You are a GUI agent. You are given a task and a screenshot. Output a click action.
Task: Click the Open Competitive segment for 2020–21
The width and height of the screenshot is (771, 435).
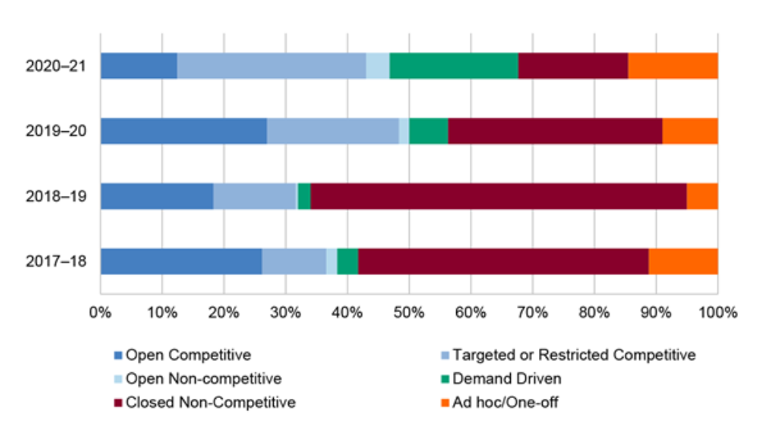(138, 66)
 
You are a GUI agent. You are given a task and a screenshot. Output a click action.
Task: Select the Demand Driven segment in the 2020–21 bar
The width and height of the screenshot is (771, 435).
(454, 66)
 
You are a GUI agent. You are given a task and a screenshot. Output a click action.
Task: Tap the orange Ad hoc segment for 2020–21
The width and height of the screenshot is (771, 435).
(672, 66)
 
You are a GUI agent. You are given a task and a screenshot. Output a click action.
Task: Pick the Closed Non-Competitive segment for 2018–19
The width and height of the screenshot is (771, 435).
(498, 196)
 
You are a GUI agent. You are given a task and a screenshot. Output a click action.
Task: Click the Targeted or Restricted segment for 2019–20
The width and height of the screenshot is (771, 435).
(332, 131)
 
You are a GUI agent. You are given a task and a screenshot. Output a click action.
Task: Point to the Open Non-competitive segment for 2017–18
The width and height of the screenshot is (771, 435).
(332, 261)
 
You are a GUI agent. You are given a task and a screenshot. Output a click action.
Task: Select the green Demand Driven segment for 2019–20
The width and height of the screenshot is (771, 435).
(428, 131)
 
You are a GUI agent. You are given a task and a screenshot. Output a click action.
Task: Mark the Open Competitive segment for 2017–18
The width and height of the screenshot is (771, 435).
(181, 261)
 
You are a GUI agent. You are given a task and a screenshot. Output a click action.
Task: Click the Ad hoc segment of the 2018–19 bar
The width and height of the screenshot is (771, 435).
(702, 196)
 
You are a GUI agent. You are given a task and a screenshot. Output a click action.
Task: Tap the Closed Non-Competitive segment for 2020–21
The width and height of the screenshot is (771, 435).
(573, 66)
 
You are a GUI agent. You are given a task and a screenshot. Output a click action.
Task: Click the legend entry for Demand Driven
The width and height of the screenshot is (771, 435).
(507, 379)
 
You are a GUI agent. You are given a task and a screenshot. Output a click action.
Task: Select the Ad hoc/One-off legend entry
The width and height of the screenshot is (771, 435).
(505, 403)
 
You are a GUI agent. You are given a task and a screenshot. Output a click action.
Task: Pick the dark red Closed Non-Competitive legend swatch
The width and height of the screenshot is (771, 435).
(119, 403)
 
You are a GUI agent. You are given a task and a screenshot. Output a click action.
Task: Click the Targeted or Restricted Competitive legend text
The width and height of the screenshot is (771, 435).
(573, 355)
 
